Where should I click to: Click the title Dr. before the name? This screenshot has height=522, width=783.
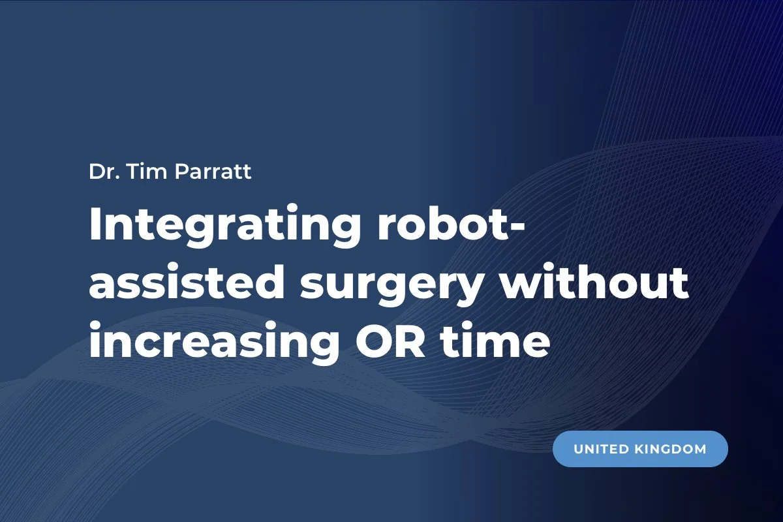pos(102,174)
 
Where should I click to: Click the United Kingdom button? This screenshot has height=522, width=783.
pos(640,449)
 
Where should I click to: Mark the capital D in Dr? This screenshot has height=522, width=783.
pos(95,174)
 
